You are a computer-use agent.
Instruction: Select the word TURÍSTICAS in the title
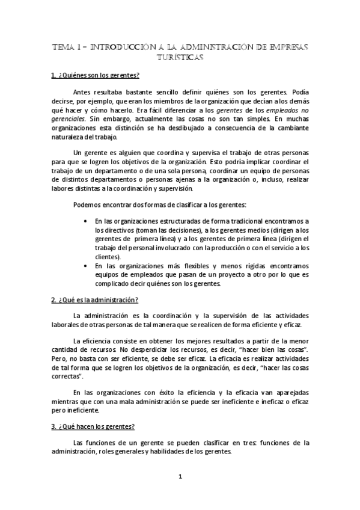[x=180, y=58]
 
